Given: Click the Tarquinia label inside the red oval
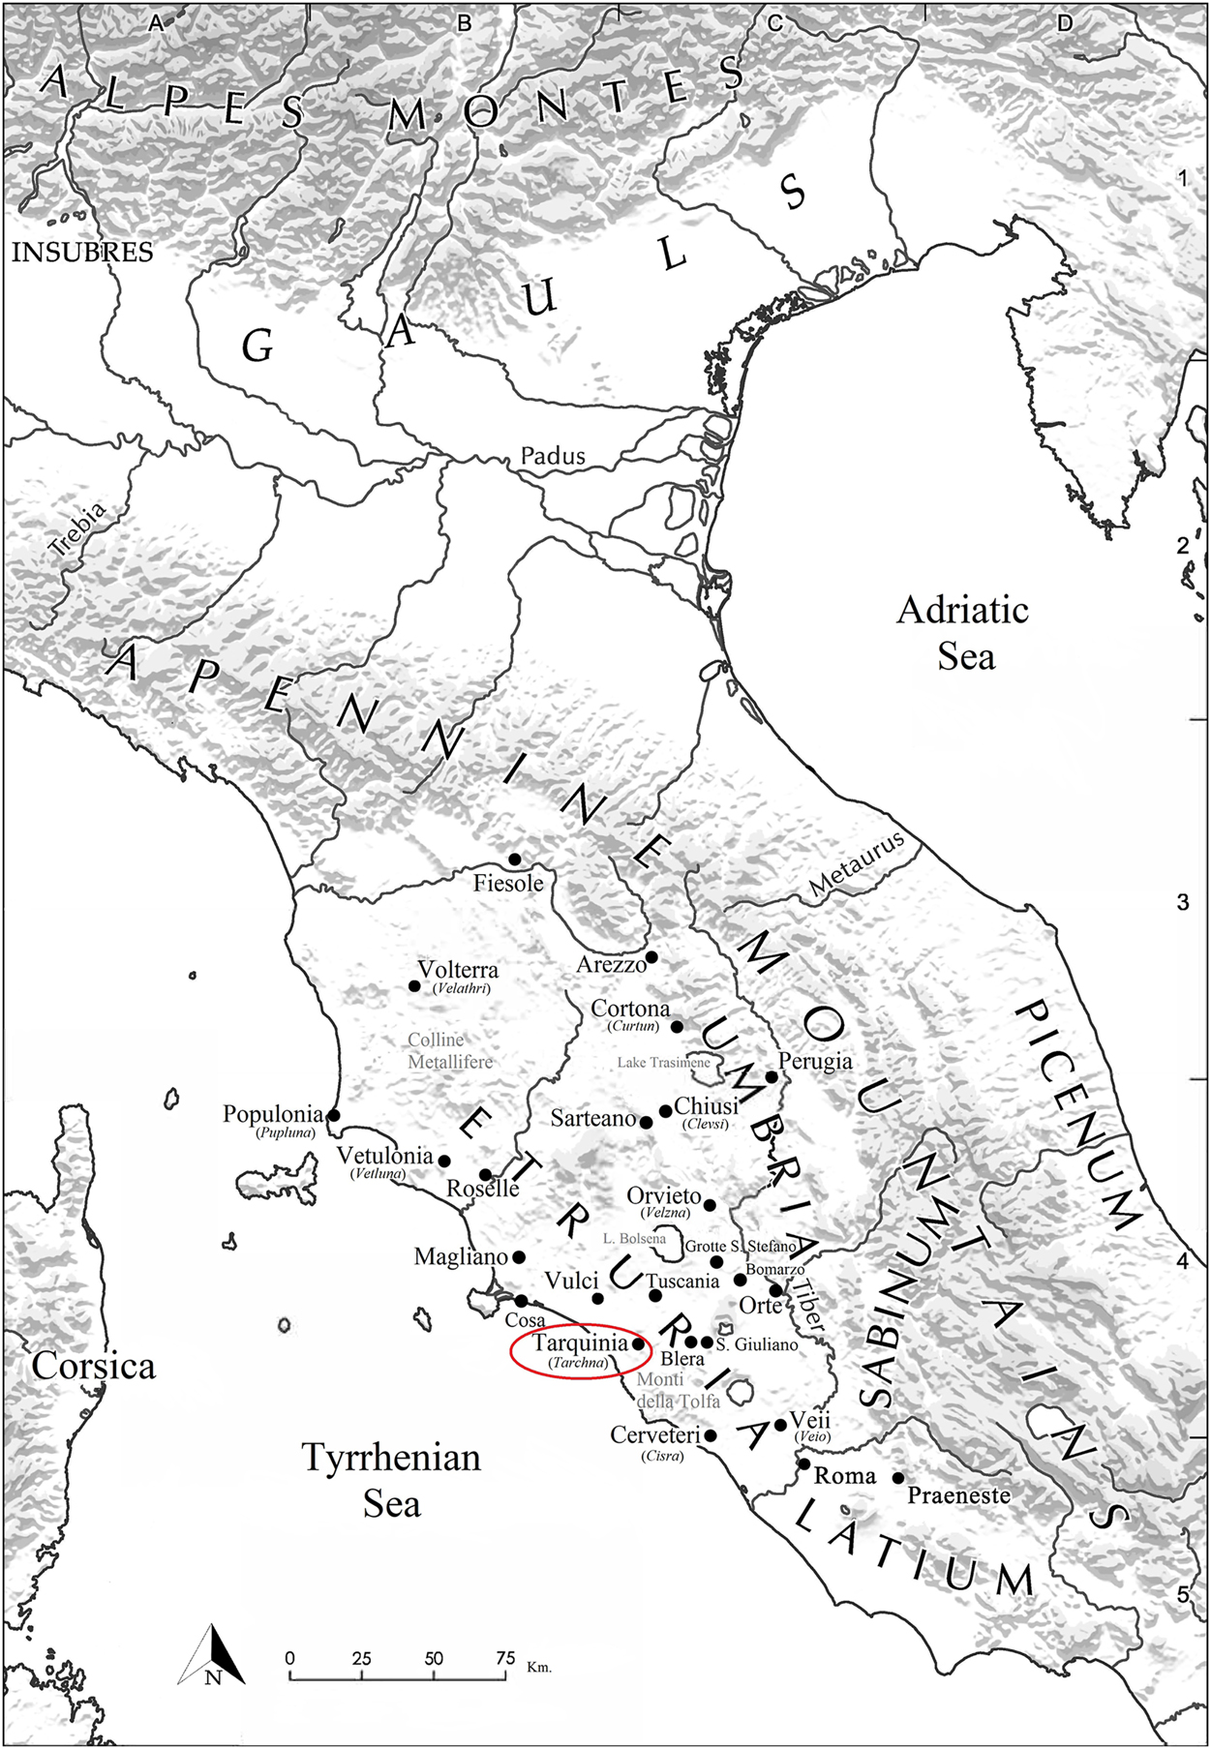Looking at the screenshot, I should (x=580, y=1343).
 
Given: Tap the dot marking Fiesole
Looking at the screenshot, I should (x=515, y=859).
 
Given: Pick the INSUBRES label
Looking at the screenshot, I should (x=82, y=253).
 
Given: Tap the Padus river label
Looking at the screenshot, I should (x=553, y=455).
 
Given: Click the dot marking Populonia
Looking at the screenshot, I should (x=334, y=1115).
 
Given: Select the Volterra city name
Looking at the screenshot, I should (x=458, y=970).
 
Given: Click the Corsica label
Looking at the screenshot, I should (x=93, y=1366).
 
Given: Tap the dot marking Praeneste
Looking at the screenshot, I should (x=898, y=1478).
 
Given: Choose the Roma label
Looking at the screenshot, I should (x=844, y=1476).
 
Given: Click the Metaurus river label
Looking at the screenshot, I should (x=856, y=863).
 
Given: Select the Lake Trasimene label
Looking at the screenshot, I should (x=663, y=1063).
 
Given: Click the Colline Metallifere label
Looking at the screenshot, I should (x=448, y=1051).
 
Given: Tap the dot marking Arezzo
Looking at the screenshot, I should (x=651, y=957).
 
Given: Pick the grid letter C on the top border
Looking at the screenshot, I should (x=774, y=23).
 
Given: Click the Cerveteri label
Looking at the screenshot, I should (x=654, y=1435).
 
